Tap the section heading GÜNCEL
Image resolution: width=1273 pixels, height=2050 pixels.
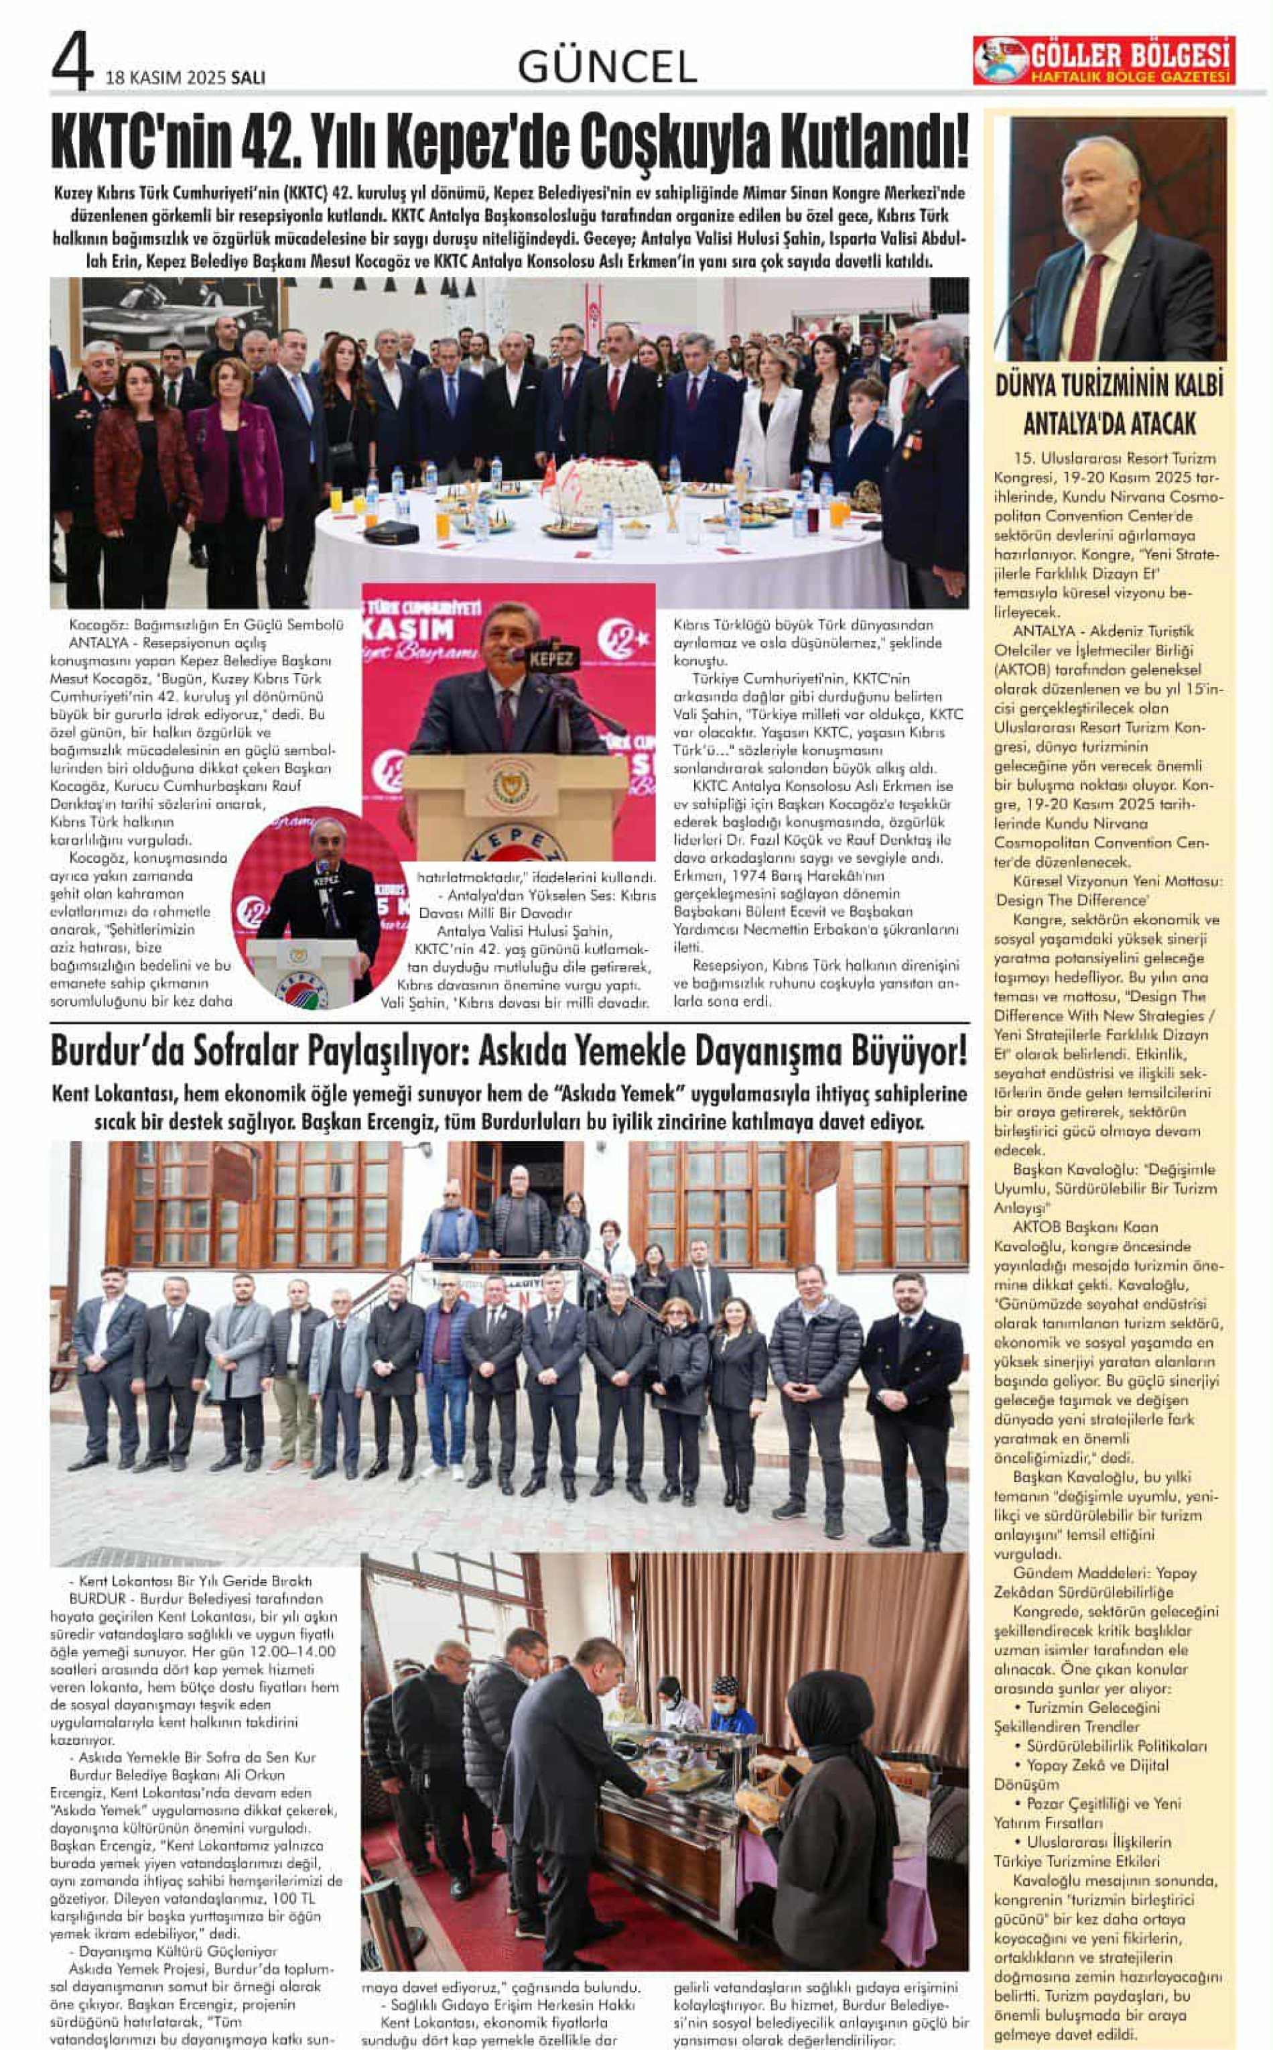(x=607, y=66)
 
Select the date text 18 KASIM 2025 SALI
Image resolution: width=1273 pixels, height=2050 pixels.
(x=185, y=78)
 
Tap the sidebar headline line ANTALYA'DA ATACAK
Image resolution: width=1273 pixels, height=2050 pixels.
(x=1109, y=423)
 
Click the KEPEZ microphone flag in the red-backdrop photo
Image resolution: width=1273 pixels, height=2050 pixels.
(x=551, y=658)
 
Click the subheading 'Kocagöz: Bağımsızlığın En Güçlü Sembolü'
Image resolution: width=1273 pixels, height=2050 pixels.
(x=206, y=625)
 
